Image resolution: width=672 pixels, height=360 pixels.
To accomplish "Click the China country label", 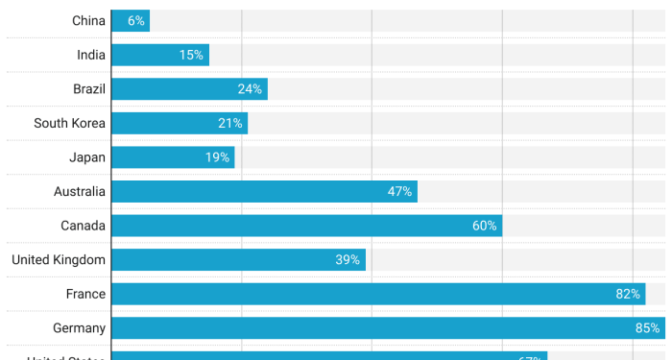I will (x=88, y=21).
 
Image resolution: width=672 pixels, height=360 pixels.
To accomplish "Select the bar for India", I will (x=159, y=56).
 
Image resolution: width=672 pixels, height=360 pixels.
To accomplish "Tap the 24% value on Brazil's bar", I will (x=250, y=89).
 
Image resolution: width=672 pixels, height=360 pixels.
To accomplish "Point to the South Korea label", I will (x=69, y=124).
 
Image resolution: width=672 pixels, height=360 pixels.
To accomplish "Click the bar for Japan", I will (x=173, y=157).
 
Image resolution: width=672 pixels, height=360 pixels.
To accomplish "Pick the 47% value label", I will (x=399, y=192).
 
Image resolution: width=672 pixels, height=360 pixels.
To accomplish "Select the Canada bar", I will (x=306, y=226).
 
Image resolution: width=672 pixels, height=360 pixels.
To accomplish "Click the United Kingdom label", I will (x=59, y=260).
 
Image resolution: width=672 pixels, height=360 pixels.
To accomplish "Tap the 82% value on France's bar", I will (x=628, y=294).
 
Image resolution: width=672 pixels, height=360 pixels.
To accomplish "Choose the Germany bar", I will (x=384, y=328).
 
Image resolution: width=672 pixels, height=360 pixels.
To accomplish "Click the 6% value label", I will (x=135, y=21).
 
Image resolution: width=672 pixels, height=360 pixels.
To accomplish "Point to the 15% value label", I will (x=191, y=56).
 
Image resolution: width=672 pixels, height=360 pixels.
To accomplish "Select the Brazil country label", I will (x=89, y=89).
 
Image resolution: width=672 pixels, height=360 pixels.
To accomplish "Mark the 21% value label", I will (x=230, y=124).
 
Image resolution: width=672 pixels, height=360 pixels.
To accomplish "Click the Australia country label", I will (x=80, y=192).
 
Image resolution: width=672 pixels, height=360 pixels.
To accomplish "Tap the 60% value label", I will (x=484, y=226).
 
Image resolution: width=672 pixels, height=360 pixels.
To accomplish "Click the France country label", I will (x=85, y=294).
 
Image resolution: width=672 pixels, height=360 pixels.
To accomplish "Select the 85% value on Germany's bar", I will (x=647, y=328).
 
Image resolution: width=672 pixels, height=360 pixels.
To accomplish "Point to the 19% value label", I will (x=217, y=157).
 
